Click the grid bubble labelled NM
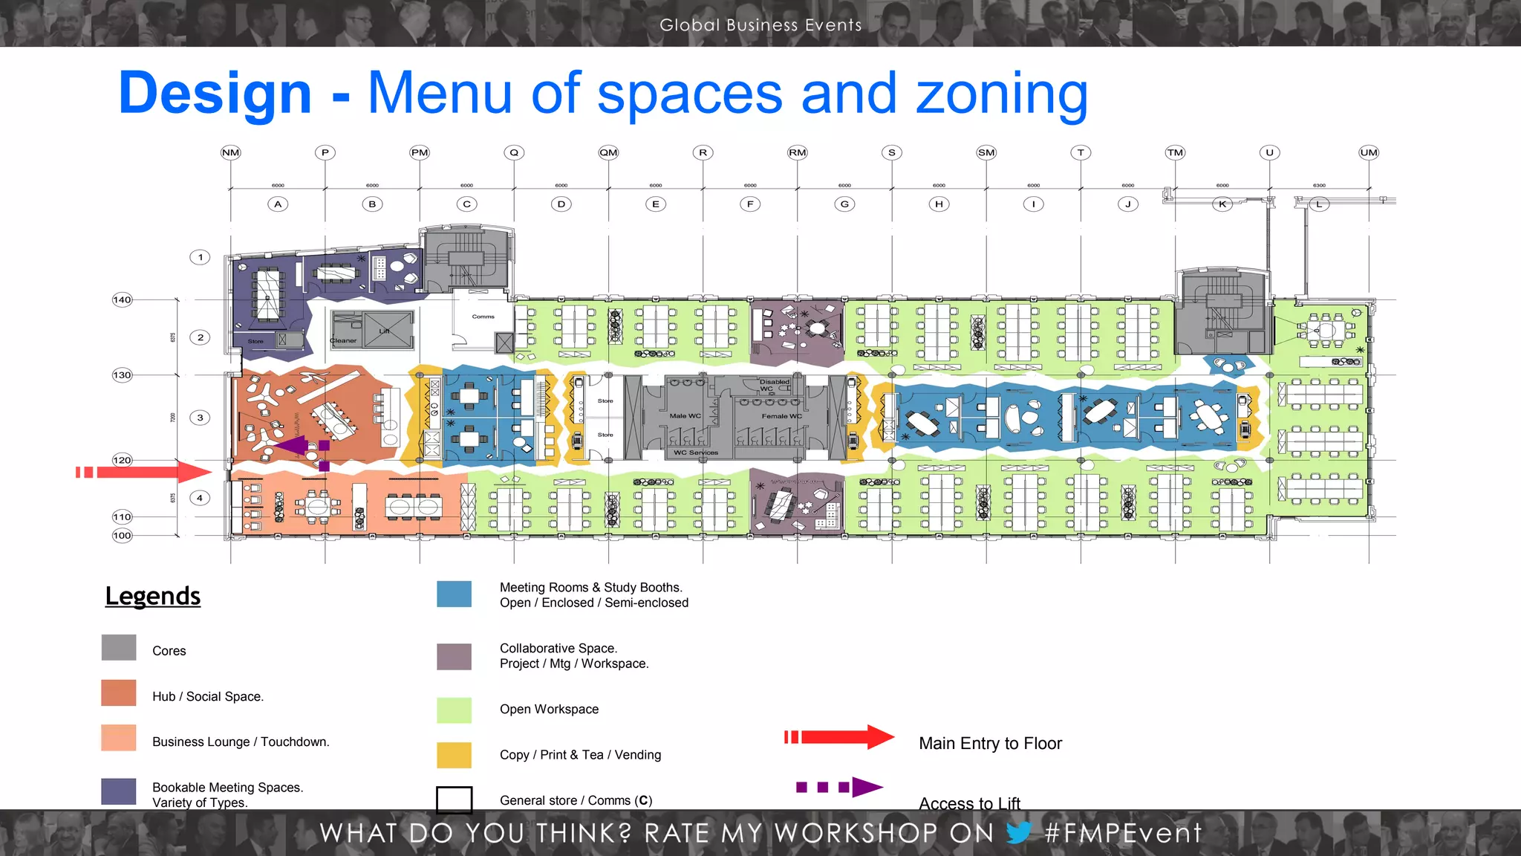[231, 152]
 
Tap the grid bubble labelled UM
[1368, 152]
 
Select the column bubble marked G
[844, 204]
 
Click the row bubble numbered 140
[122, 299]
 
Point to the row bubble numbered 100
[122, 535]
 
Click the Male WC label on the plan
[685, 416]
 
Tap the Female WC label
[781, 416]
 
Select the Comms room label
[483, 317]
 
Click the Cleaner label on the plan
[343, 341]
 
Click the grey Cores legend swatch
[119, 647]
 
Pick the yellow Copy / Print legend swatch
[454, 755]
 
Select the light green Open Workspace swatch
[454, 710]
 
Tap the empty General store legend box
[454, 800]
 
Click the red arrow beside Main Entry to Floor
[839, 737]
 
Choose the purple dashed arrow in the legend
[839, 787]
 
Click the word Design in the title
[215, 94]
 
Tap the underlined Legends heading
[153, 596]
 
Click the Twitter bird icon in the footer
[1018, 833]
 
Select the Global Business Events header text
[760, 25]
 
